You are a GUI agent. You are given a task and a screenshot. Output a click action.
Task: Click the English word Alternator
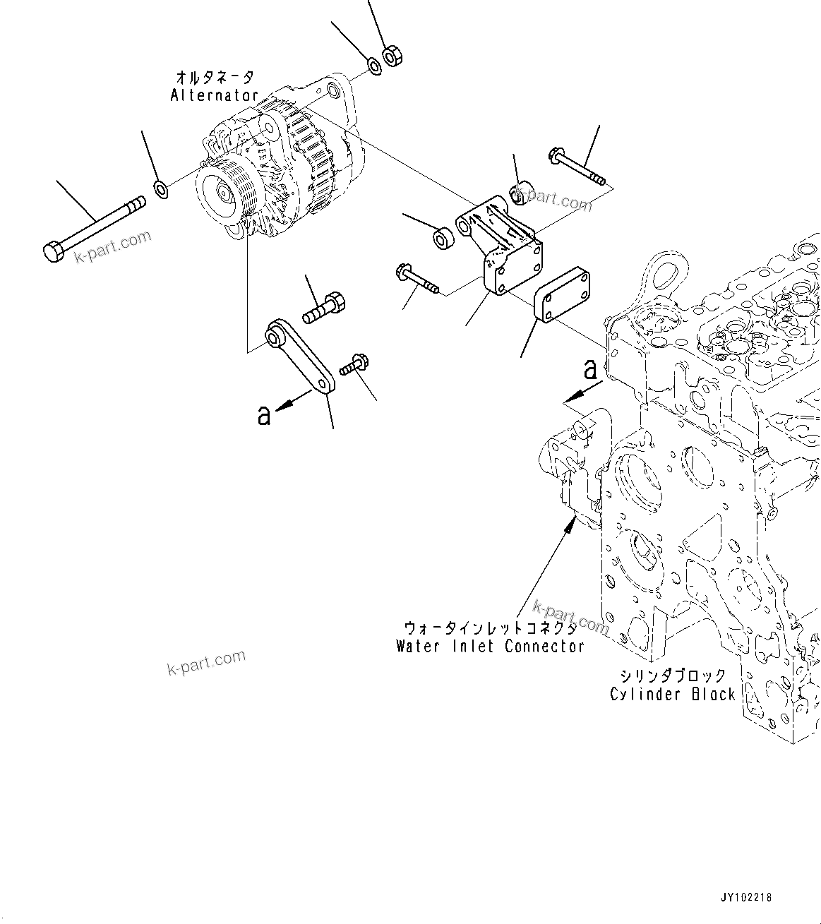tap(214, 95)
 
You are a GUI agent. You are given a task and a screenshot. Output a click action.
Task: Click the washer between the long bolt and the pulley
tap(161, 188)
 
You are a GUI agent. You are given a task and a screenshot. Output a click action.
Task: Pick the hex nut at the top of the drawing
tap(392, 56)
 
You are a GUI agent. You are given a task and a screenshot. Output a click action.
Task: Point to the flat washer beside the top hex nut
tap(373, 66)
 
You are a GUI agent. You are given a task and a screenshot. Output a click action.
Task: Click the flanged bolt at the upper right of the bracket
tap(577, 167)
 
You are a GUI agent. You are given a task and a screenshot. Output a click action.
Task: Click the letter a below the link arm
tap(264, 416)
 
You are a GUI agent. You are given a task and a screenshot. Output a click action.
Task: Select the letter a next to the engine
tap(590, 368)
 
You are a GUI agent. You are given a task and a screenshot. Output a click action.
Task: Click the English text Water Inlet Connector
tap(490, 646)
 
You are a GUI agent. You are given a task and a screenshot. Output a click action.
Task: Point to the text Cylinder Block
tap(673, 694)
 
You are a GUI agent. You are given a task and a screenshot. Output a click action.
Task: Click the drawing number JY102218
tap(746, 898)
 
